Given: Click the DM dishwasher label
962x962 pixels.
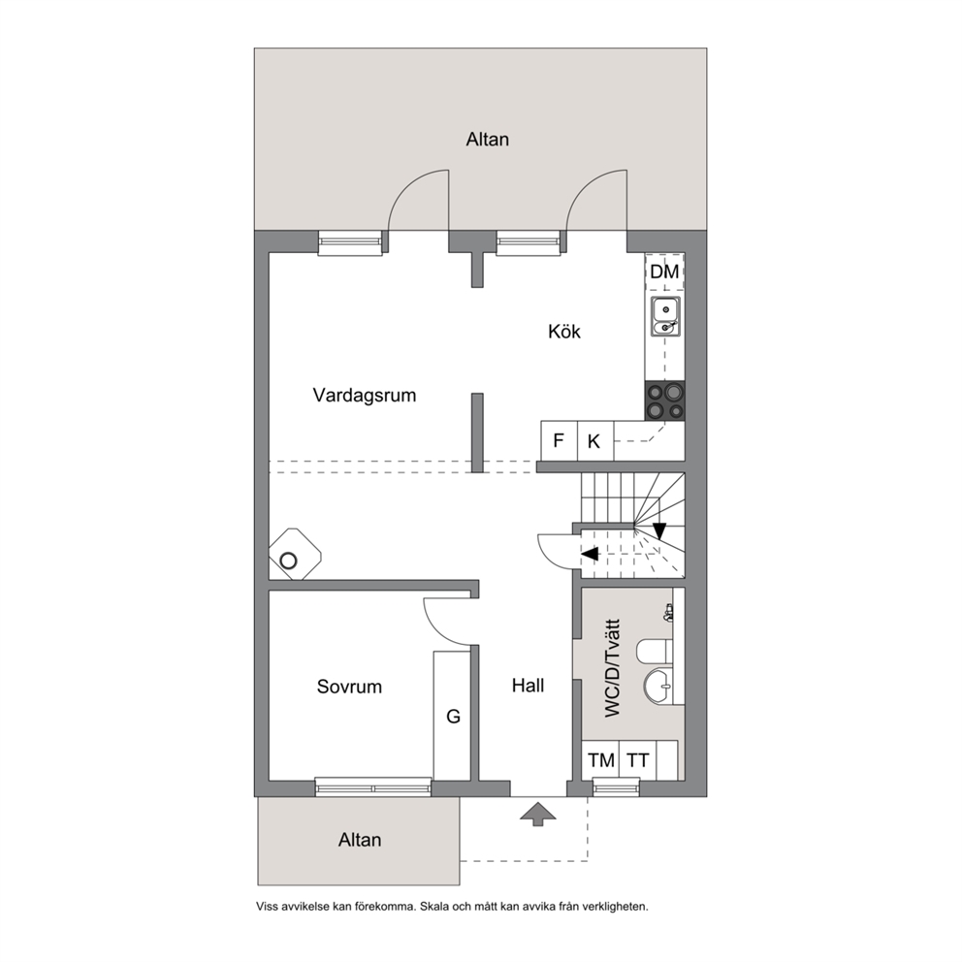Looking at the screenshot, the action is point(664,272).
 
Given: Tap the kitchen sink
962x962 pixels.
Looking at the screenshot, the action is point(665,316).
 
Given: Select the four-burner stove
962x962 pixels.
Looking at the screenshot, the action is point(665,401).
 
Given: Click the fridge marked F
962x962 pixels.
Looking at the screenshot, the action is point(559,440).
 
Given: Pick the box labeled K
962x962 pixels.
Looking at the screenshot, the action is point(594,440).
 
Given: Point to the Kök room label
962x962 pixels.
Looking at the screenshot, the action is point(563,332).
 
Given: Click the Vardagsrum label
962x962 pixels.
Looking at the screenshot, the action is point(365,395).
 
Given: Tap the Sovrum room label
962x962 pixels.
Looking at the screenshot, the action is point(349,686).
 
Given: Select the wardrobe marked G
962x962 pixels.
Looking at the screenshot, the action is point(453,716).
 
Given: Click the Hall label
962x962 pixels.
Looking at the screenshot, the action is point(528,686).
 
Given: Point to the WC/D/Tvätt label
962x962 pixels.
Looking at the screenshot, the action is point(612,667).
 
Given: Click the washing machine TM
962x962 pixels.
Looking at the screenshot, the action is point(600,760).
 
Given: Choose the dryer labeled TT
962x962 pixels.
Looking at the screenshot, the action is point(638,760).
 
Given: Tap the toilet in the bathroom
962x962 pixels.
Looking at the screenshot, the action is point(655,652).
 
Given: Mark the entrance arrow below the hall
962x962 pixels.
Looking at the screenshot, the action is point(538,815).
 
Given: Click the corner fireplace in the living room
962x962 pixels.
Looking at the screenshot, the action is point(295,554).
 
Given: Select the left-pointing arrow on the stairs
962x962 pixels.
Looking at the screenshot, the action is point(590,554).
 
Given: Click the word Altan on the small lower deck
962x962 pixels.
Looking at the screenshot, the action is point(360,839).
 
